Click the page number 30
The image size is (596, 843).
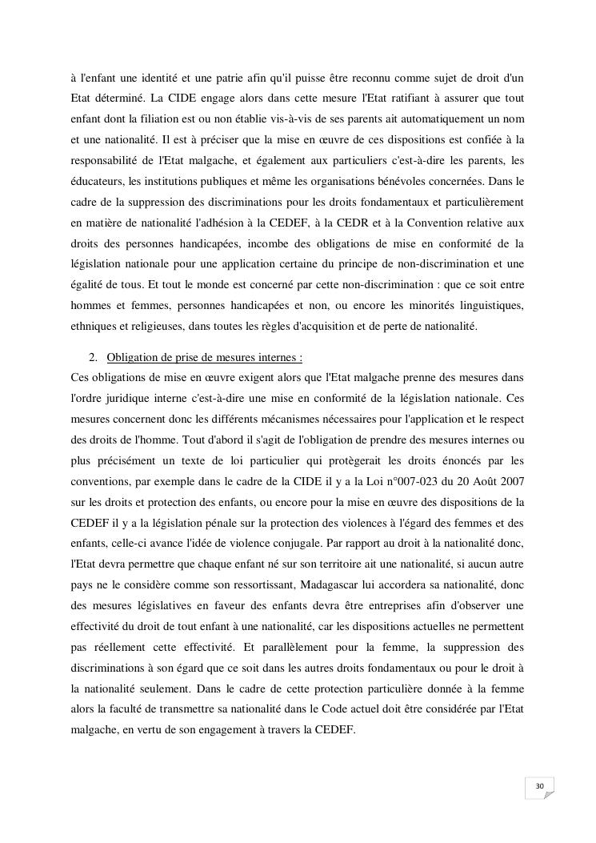coord(539,787)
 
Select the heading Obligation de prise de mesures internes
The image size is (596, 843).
coord(204,357)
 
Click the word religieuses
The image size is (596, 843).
coord(166,326)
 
